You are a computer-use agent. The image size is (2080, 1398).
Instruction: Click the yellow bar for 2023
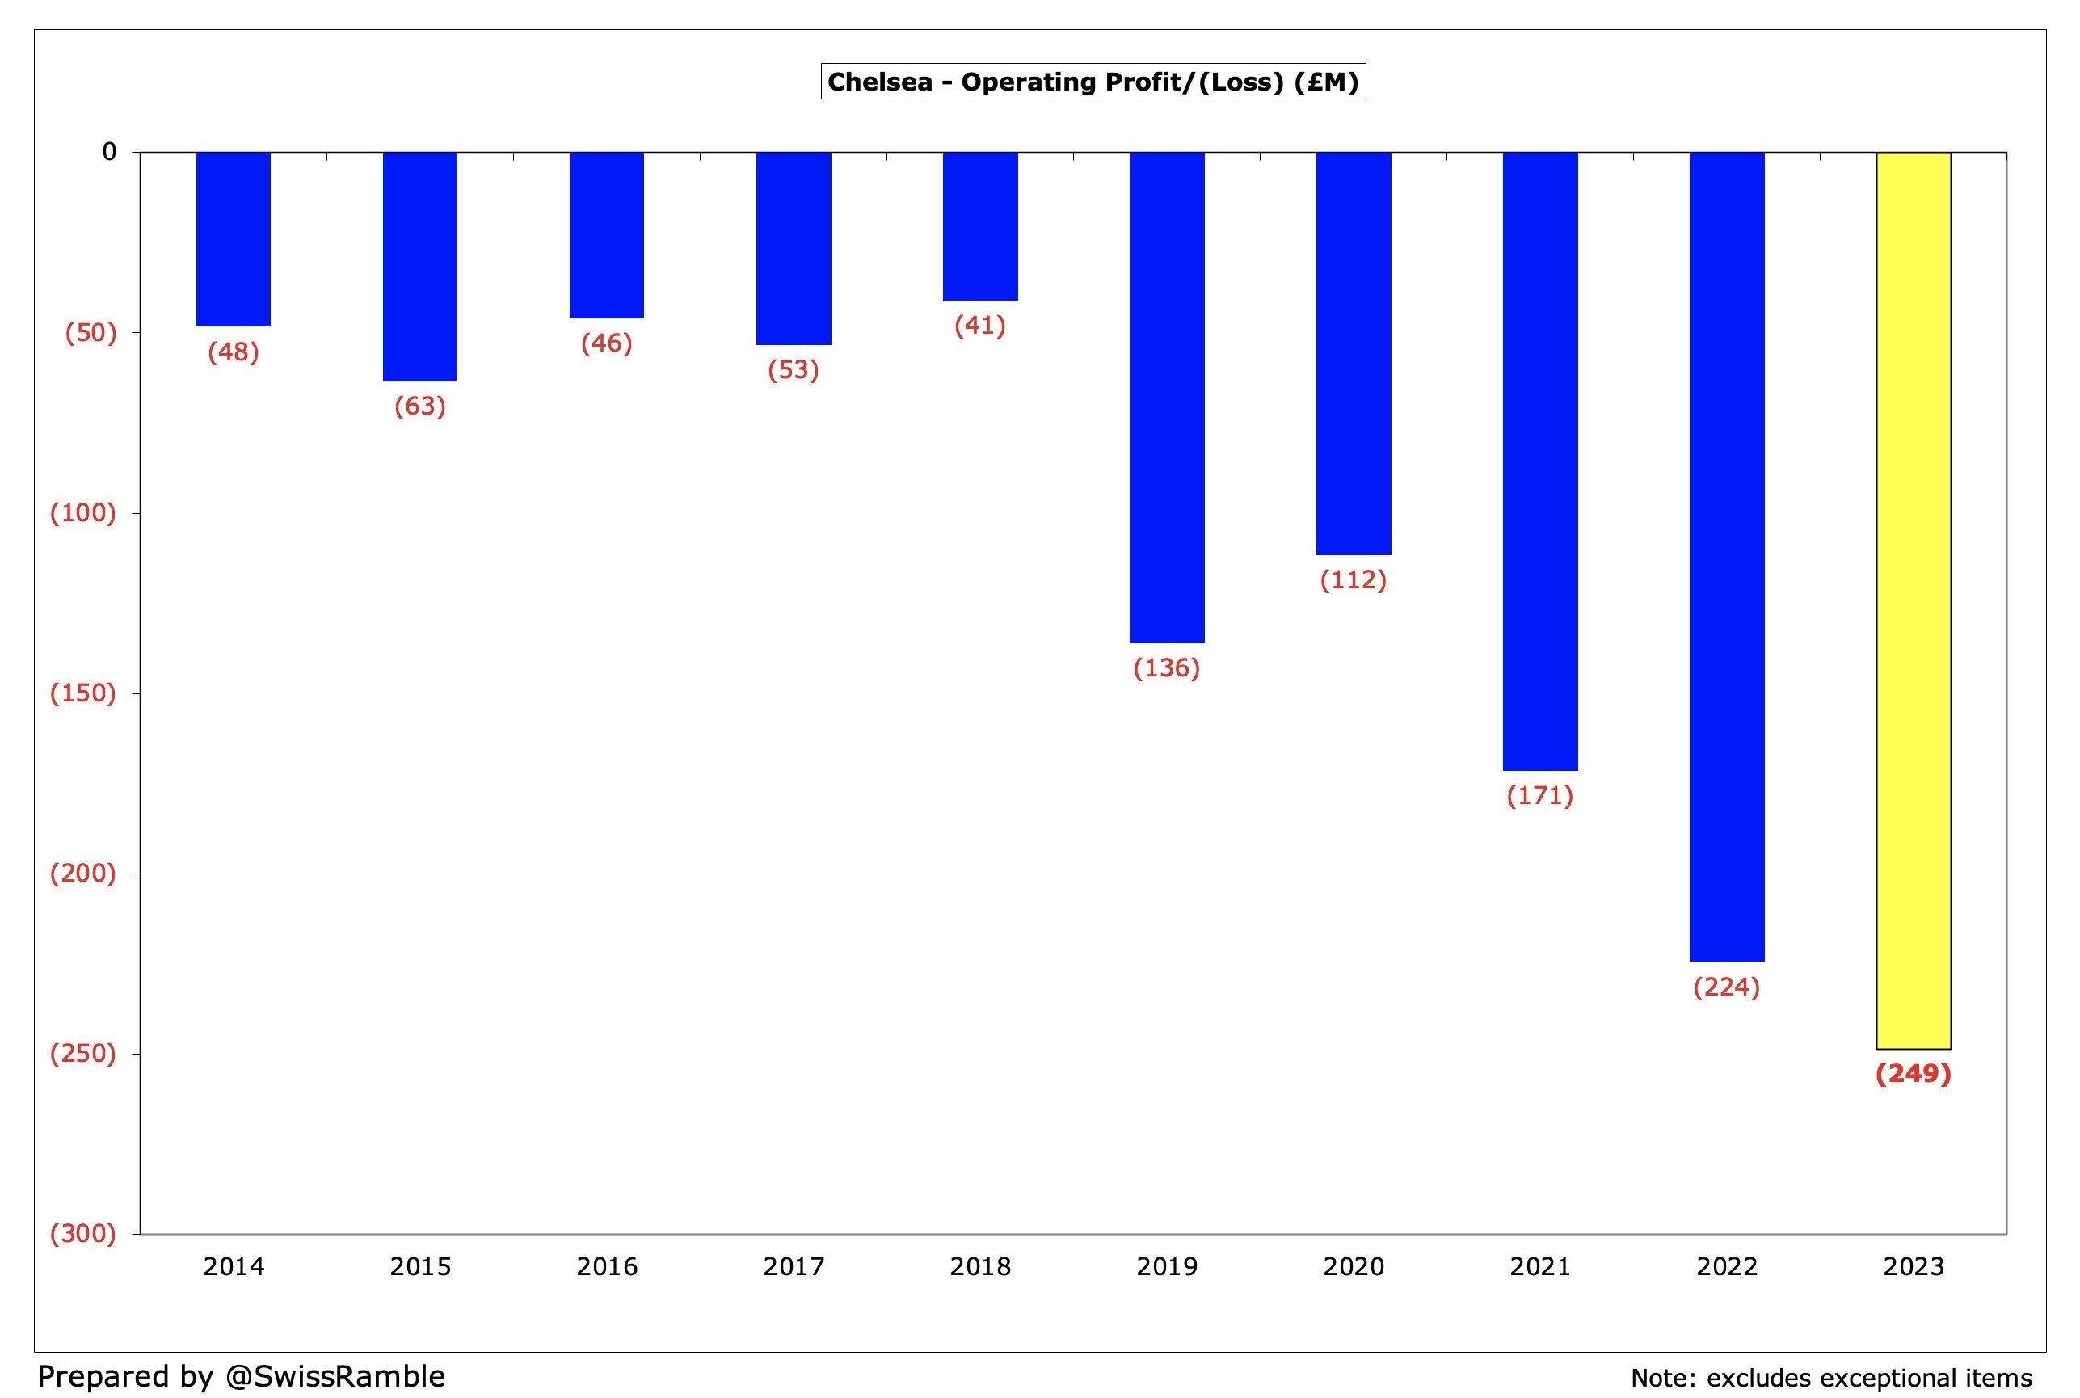pyautogui.click(x=1914, y=600)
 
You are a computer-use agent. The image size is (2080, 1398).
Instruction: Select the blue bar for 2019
pyautogui.click(x=1166, y=397)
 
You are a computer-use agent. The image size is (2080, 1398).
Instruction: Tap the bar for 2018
pyautogui.click(x=980, y=225)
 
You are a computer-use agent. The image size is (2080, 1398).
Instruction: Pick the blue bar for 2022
pyautogui.click(x=1726, y=555)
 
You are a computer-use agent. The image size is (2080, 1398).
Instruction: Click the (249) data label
pyautogui.click(x=1914, y=1073)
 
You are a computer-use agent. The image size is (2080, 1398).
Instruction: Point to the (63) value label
pyautogui.click(x=420, y=406)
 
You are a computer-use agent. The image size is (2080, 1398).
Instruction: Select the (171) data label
pyautogui.click(x=1539, y=795)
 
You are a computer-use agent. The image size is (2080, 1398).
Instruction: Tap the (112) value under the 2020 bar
pyautogui.click(x=1354, y=579)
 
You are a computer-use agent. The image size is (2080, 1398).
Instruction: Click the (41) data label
pyautogui.click(x=980, y=326)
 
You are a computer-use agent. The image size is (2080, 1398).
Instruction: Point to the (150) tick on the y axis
pyautogui.click(x=83, y=693)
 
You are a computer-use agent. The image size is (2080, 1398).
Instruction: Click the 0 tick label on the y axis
pyautogui.click(x=109, y=152)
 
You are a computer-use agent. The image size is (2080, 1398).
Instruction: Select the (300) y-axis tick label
pyautogui.click(x=83, y=1233)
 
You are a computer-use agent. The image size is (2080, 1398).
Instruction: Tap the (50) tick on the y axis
pyautogui.click(x=91, y=333)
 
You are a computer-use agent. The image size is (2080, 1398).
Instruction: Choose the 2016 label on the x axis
pyautogui.click(x=607, y=1266)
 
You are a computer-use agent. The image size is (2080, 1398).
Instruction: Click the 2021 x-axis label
pyautogui.click(x=1539, y=1266)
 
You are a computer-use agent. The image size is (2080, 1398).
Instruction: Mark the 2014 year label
pyautogui.click(x=234, y=1266)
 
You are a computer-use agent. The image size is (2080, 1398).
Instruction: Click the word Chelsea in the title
pyautogui.click(x=879, y=82)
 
